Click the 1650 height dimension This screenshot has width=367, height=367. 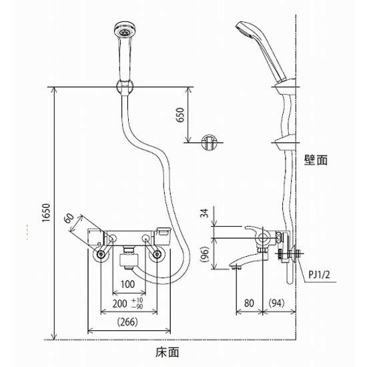pos(46,213)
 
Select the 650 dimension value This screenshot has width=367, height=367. pos(180,115)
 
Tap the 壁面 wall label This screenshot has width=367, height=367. pos(316,160)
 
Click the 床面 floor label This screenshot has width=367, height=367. pos(167,352)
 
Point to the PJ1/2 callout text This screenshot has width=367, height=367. pos(319,274)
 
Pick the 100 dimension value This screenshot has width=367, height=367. pos(128,284)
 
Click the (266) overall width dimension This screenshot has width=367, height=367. pos(127,322)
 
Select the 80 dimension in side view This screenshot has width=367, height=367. pos(249,303)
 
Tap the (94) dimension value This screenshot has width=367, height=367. pos(277,303)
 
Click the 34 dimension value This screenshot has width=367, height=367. pos(205,214)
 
